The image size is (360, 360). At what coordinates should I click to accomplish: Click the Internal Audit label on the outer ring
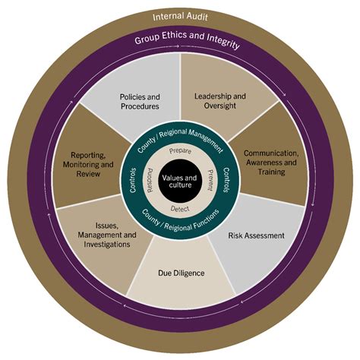click(180, 17)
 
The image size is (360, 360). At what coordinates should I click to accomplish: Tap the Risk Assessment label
click(256, 235)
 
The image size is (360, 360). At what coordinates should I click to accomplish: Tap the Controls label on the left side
click(134, 181)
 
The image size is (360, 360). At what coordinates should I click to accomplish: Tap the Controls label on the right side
click(226, 181)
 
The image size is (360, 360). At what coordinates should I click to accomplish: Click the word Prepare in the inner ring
click(180, 151)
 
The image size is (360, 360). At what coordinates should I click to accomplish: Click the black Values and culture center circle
click(180, 181)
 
